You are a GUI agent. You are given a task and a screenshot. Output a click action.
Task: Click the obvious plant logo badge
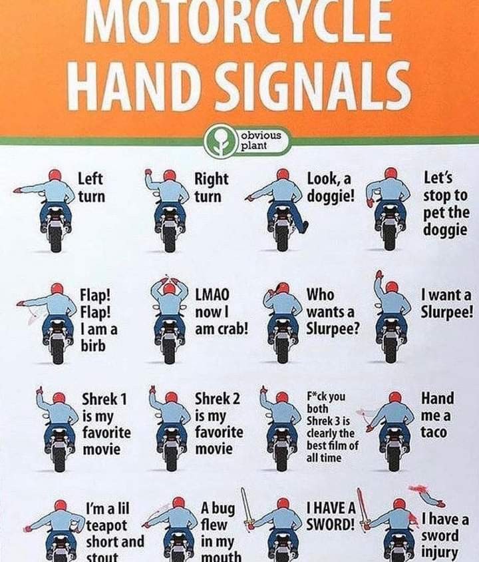tap(247, 140)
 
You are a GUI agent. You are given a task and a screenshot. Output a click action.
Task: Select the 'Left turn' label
tap(92, 188)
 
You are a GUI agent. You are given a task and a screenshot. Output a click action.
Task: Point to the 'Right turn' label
tap(211, 188)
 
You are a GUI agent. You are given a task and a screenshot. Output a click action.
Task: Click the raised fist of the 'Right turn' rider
tap(148, 172)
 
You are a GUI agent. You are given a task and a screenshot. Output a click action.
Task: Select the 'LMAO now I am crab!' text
tap(222, 312)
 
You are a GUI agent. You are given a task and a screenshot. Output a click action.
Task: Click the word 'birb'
tap(92, 346)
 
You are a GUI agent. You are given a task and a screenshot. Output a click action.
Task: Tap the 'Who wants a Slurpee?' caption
tap(333, 312)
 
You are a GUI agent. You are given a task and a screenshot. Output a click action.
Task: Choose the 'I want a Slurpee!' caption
tap(446, 304)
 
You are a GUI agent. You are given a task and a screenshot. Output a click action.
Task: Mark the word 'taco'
tap(434, 432)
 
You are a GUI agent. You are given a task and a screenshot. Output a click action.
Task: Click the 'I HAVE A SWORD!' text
tap(331, 516)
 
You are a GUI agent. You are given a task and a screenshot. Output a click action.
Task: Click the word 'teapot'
tap(106, 525)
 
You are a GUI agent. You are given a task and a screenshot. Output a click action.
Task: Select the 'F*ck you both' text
tap(326, 402)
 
